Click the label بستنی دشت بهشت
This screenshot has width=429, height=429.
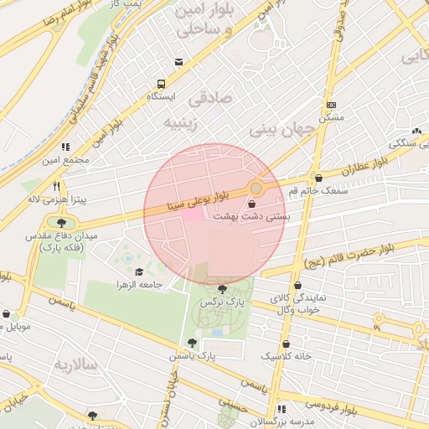coord(252,216)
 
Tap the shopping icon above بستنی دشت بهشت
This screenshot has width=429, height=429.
coord(252,204)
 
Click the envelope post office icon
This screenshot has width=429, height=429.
coord(178,62)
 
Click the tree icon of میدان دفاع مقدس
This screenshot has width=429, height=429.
coord(61,222)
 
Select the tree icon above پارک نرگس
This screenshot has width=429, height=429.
coord(222,289)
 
